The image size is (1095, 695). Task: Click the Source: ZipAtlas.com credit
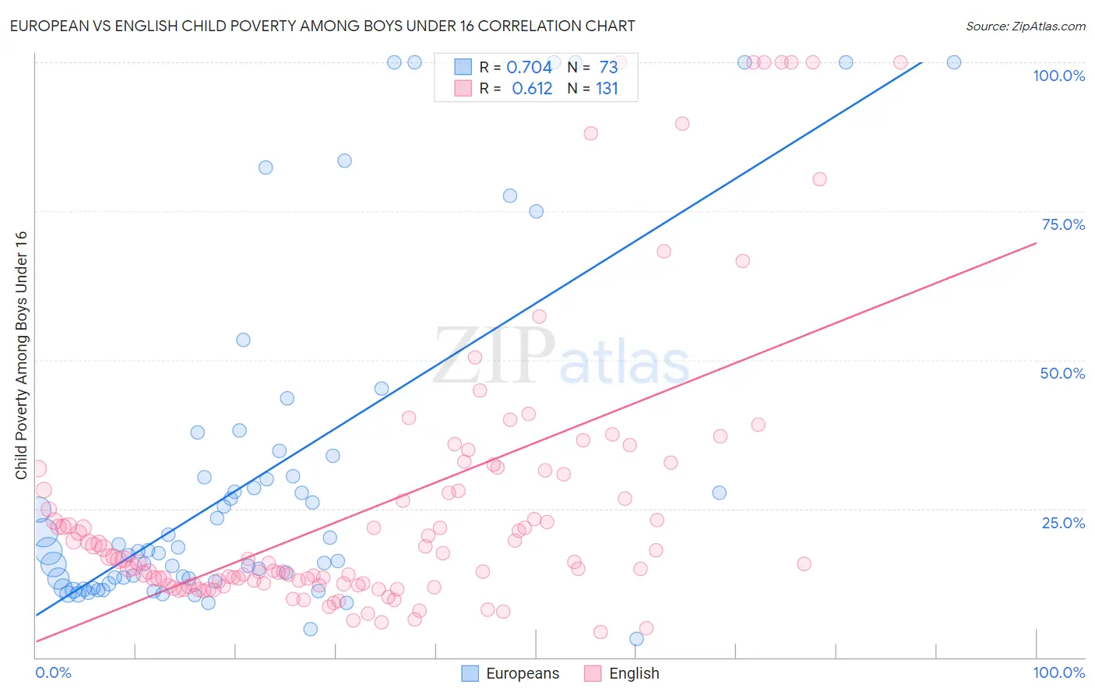1025,26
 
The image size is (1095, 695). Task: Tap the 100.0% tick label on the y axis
1058,76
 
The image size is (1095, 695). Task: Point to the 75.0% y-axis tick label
1063,224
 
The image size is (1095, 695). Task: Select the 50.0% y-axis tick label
1062,373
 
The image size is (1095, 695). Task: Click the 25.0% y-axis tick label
1063,522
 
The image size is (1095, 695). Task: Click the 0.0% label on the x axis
53,672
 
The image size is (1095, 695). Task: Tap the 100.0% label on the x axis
1058,672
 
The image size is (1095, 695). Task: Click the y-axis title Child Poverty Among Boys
21,355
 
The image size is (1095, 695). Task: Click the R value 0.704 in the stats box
529,67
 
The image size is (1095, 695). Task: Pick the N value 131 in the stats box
607,88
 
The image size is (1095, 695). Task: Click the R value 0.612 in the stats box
532,88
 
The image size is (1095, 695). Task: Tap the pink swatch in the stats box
463,88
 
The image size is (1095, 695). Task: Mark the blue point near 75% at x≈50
536,211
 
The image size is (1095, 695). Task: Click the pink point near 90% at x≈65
682,123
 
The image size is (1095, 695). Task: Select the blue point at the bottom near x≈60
636,639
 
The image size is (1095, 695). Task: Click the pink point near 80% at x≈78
819,179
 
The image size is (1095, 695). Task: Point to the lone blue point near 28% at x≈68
719,492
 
